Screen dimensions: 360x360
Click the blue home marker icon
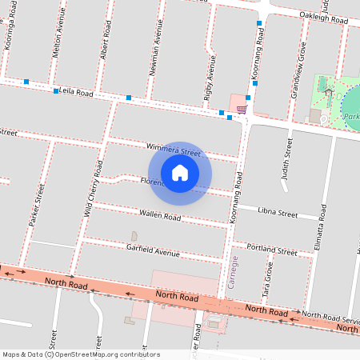[180, 173]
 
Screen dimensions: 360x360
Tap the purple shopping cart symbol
[241, 109]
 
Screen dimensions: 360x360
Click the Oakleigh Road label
[324, 16]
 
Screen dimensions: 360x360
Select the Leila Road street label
[75, 93]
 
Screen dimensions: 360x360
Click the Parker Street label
[36, 205]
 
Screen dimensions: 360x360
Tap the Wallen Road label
[160, 216]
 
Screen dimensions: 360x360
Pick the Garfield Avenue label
[152, 251]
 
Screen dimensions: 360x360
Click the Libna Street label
[278, 214]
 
